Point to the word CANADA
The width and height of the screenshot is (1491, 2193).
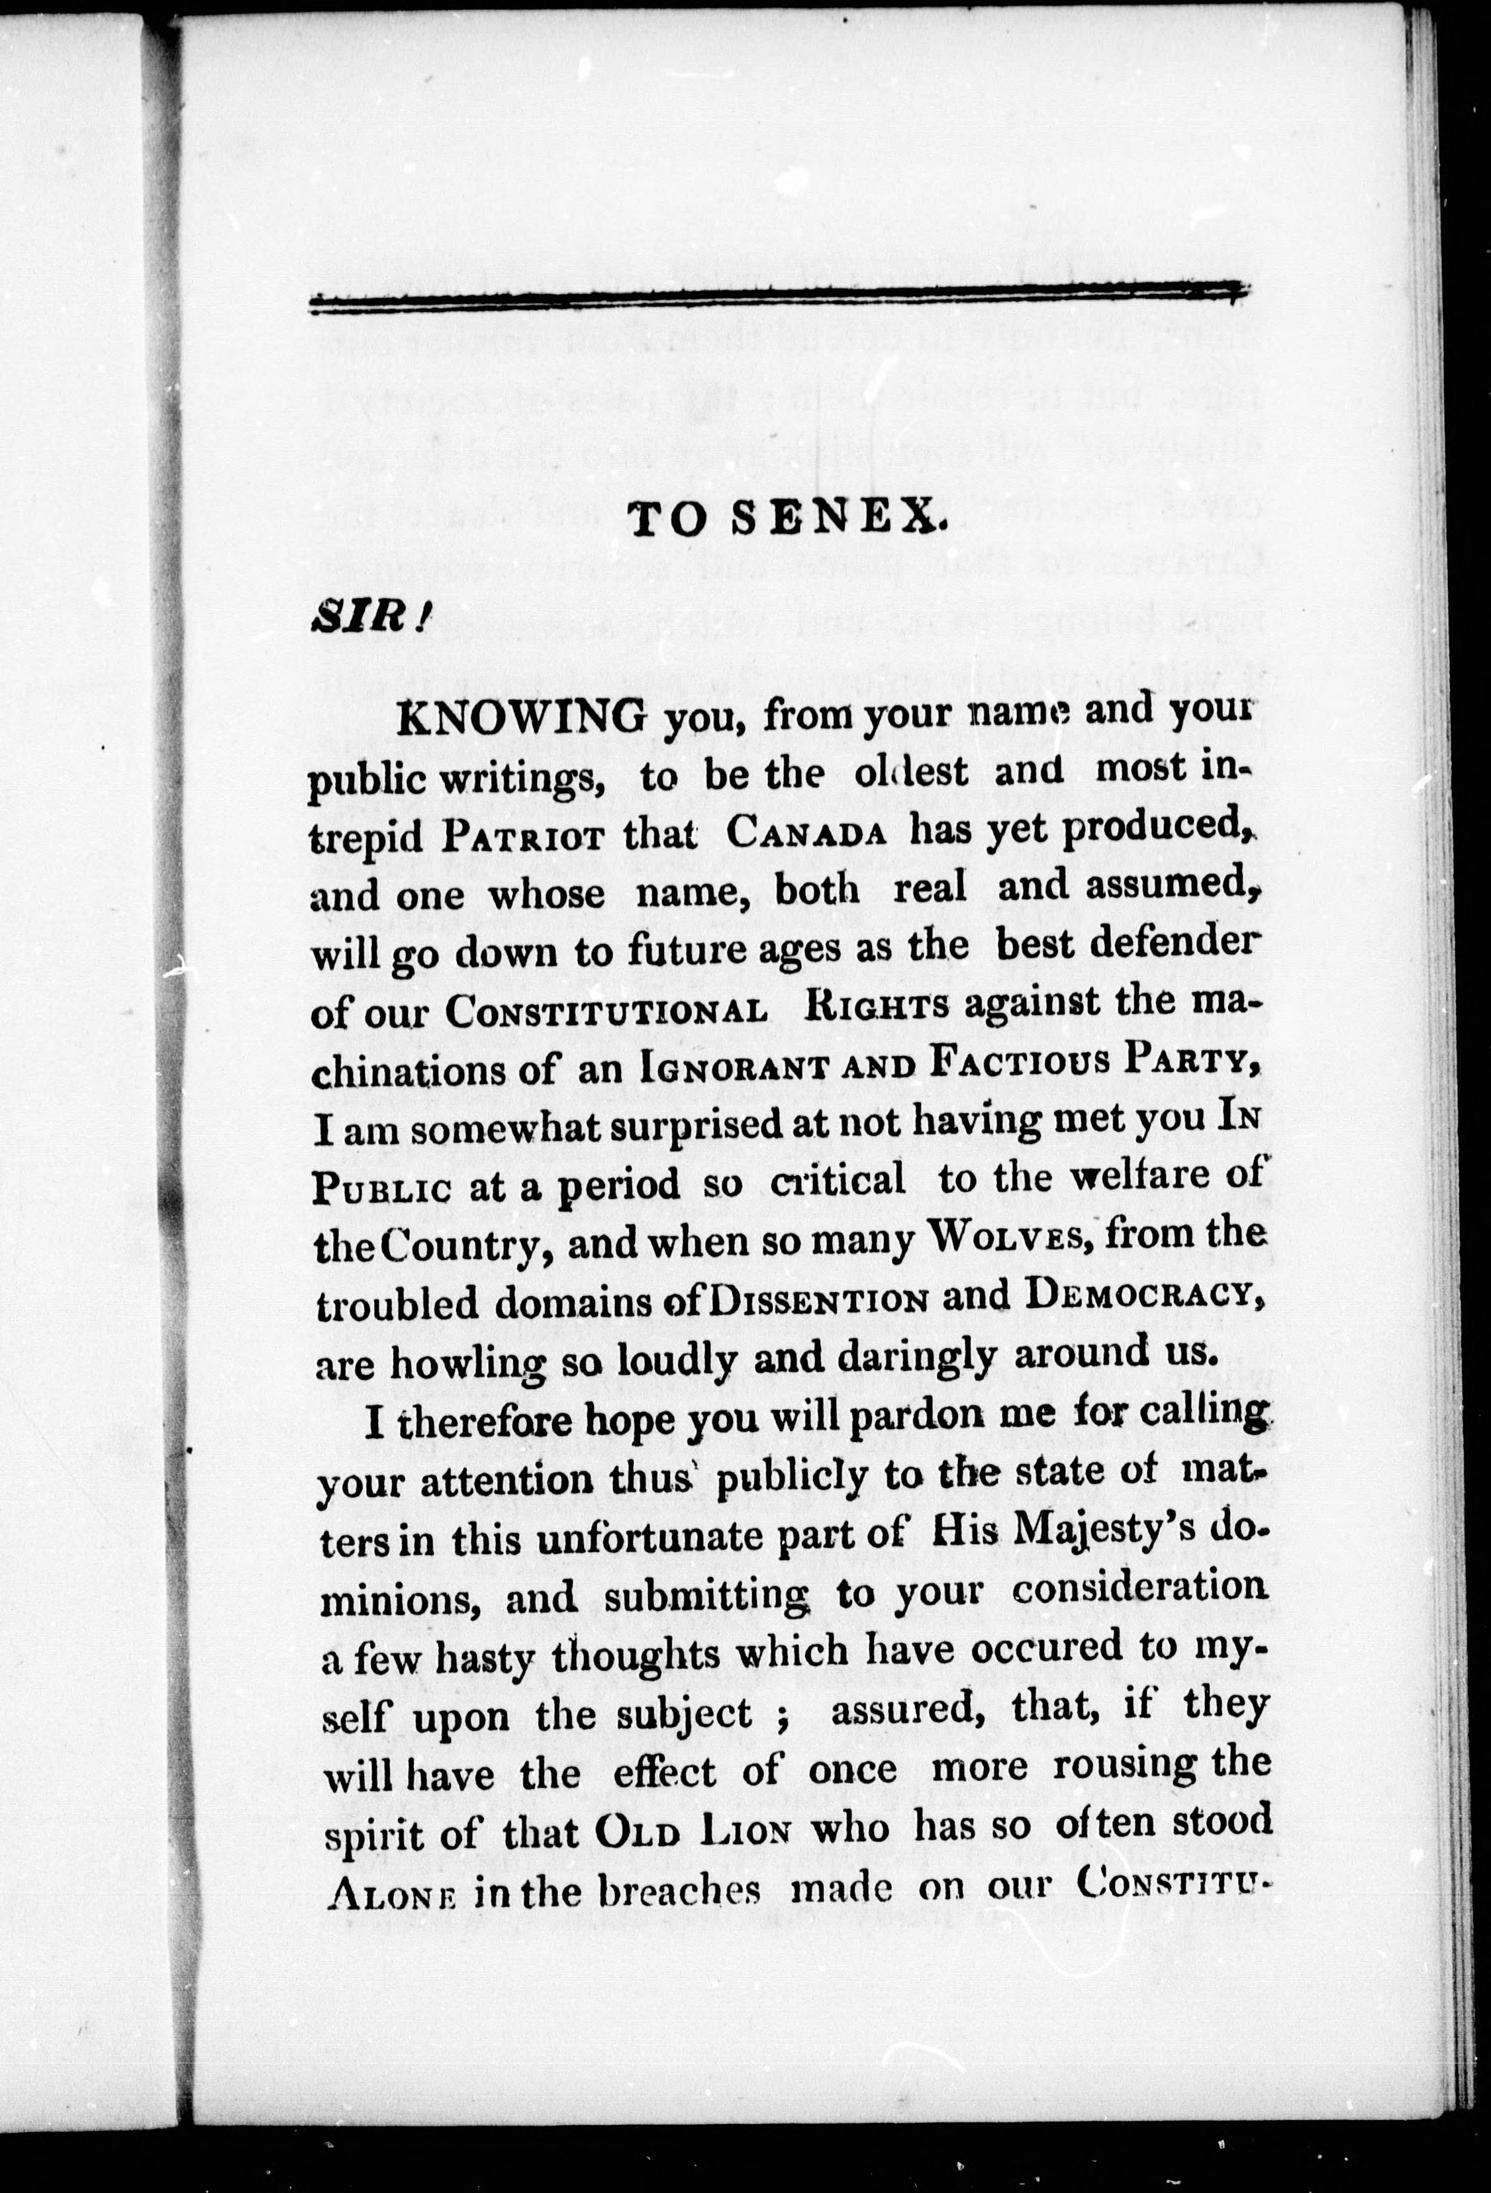click(x=808, y=833)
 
